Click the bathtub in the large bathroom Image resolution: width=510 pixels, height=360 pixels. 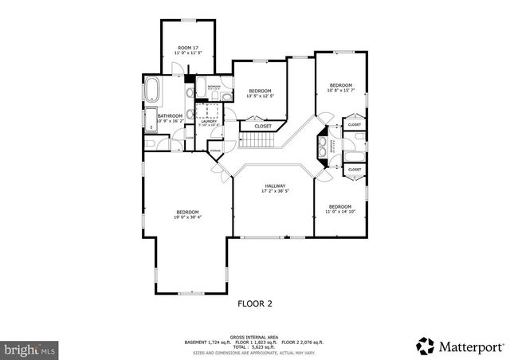pos(151,88)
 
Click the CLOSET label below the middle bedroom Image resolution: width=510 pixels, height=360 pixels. pos(262,126)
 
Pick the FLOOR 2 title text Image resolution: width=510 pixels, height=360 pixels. pos(256,303)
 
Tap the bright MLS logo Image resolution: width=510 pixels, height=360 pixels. pos(29,349)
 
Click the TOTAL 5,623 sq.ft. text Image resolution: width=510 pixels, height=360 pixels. pos(255,347)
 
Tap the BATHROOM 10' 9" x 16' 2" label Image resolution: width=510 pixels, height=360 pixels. pos(170,119)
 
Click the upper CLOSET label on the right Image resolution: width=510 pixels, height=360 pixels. pos(354,125)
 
